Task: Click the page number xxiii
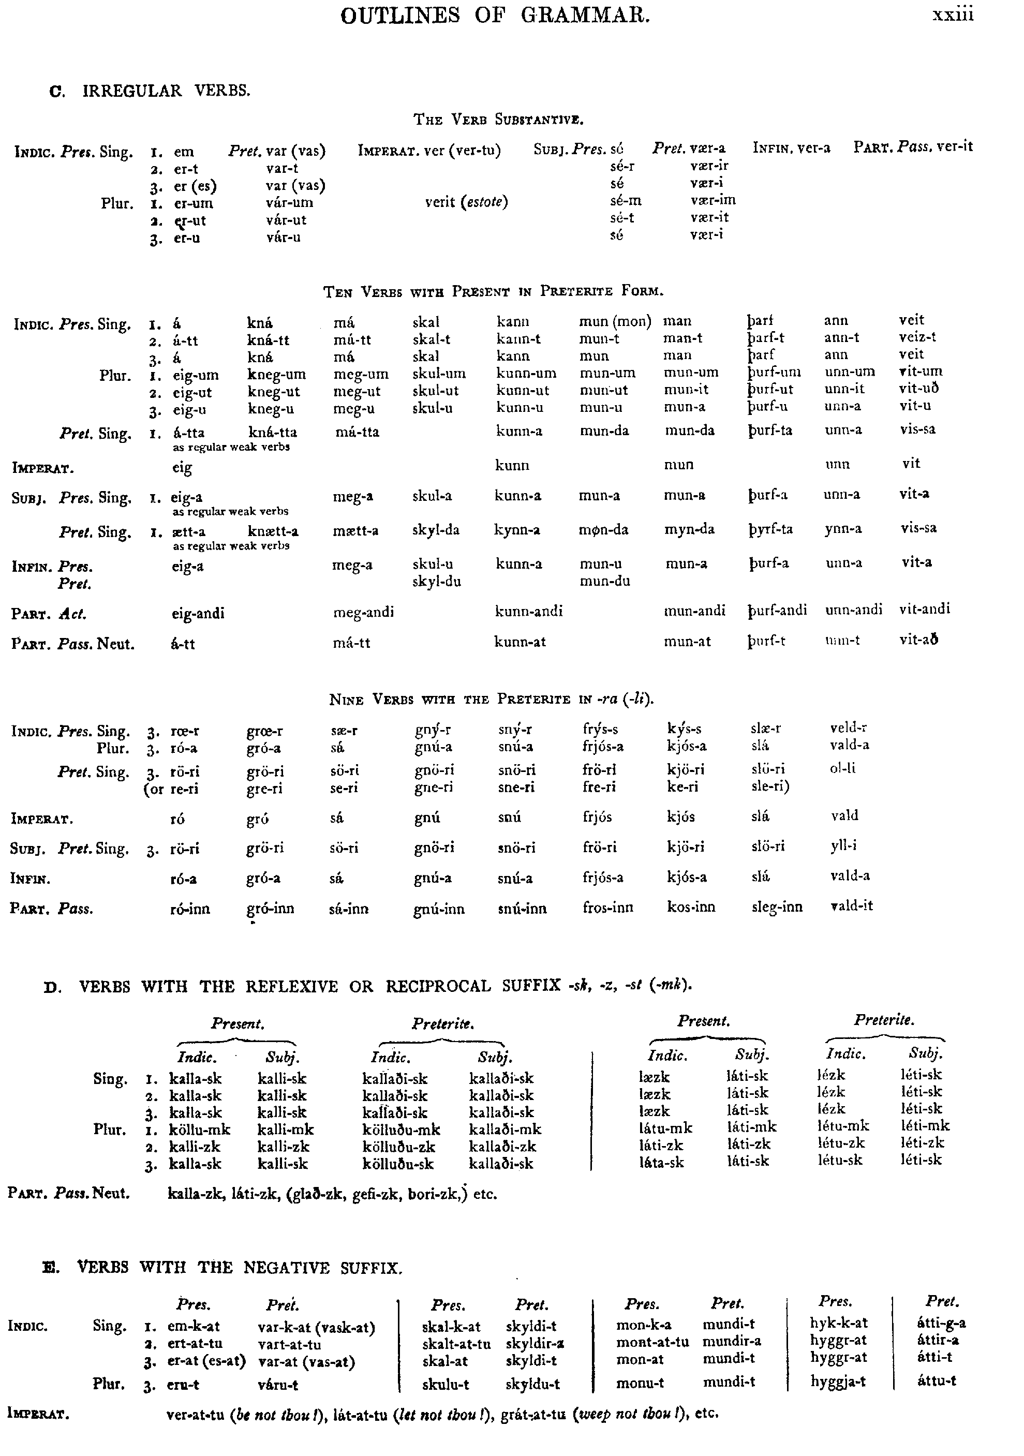click(x=953, y=15)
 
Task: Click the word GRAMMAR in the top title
click(x=585, y=15)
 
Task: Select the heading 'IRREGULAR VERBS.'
click(x=166, y=91)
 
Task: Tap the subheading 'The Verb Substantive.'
click(x=498, y=119)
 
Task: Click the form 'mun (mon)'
click(x=615, y=321)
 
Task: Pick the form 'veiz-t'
click(x=917, y=337)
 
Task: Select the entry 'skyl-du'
click(x=436, y=582)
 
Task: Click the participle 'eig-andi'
click(x=198, y=614)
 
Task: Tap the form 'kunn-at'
click(x=520, y=642)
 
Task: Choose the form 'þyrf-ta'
click(x=770, y=529)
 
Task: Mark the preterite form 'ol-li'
click(x=843, y=768)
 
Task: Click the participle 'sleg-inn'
click(x=777, y=908)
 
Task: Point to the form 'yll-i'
click(x=844, y=845)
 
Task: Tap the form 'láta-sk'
click(x=661, y=1163)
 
